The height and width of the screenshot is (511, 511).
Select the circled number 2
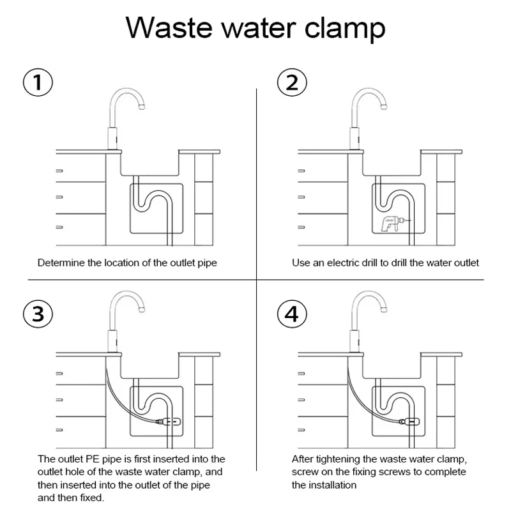(292, 82)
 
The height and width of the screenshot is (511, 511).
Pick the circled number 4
(292, 314)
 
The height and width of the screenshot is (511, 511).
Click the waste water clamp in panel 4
(409, 421)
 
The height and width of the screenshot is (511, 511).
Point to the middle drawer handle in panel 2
(302, 196)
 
